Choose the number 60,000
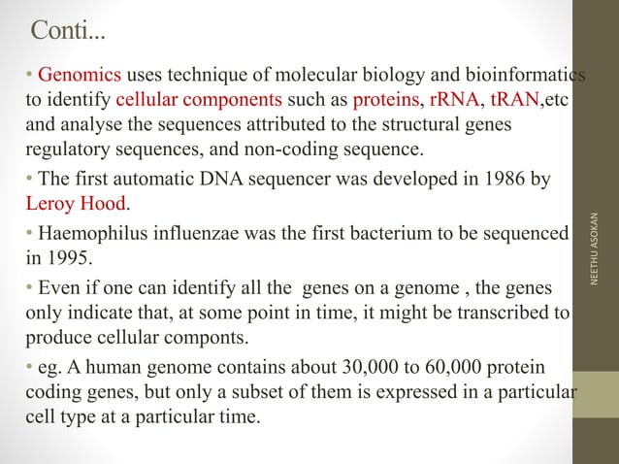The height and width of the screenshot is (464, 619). (457, 368)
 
